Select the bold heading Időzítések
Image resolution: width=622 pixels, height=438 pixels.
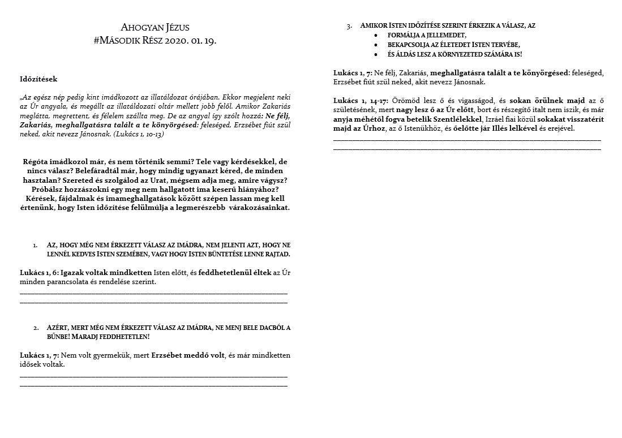click(38, 79)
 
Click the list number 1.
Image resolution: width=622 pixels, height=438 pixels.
click(35, 245)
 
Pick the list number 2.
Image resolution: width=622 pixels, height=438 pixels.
click(35, 328)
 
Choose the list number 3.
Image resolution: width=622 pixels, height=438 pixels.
click(349, 26)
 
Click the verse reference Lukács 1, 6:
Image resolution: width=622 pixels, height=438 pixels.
click(42, 273)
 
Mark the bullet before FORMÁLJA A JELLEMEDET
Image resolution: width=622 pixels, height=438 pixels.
click(375, 35)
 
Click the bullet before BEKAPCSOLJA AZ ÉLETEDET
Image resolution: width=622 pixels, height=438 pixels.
click(375, 44)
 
